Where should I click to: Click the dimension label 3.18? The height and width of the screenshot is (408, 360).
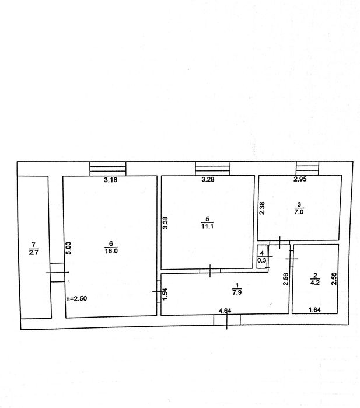pos(110,180)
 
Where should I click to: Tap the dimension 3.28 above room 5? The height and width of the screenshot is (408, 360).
pos(208,179)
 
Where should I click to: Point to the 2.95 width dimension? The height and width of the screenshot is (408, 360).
pos(300,179)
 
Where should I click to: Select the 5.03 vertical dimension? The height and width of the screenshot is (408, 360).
pos(68,248)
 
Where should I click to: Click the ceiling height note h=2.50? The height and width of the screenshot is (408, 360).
pos(76,298)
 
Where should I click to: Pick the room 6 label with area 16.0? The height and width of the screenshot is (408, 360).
pos(111,247)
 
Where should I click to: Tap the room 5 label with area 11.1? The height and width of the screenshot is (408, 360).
pos(207,223)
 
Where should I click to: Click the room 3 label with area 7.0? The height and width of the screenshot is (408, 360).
pos(299,208)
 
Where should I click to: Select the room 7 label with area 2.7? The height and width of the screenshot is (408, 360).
pos(33,249)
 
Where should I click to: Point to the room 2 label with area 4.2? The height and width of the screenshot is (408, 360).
pos(315,279)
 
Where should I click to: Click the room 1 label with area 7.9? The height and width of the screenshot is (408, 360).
pos(237,289)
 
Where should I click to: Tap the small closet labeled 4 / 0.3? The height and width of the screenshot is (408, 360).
pos(261,257)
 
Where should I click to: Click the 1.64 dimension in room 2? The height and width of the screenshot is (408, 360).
pos(314,310)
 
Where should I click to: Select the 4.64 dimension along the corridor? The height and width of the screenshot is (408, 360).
pos(225,311)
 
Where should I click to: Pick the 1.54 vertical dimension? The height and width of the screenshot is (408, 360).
pos(165,294)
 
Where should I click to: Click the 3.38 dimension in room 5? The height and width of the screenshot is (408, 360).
pos(165,223)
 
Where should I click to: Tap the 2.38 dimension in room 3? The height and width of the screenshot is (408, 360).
pos(262,208)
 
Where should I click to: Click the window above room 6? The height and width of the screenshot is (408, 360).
pos(108,169)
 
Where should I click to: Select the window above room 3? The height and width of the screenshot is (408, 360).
pos(307,168)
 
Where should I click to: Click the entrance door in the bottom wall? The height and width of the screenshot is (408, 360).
pos(227,320)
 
